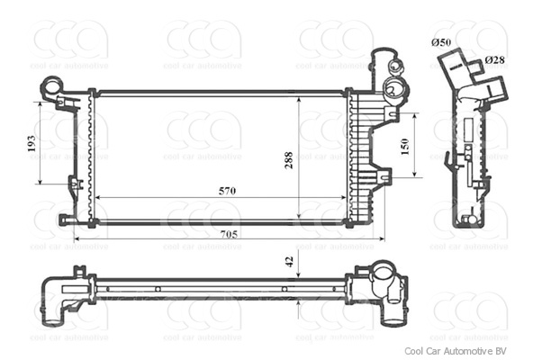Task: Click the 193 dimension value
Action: coord(31,143)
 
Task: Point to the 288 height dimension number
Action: coord(289,160)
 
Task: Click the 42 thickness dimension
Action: coord(289,262)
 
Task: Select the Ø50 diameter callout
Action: coord(441,42)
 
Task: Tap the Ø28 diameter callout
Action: coord(494,59)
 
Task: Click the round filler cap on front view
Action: coord(393,87)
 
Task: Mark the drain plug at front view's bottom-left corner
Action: coord(63,219)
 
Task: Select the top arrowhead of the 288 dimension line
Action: coord(300,94)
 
